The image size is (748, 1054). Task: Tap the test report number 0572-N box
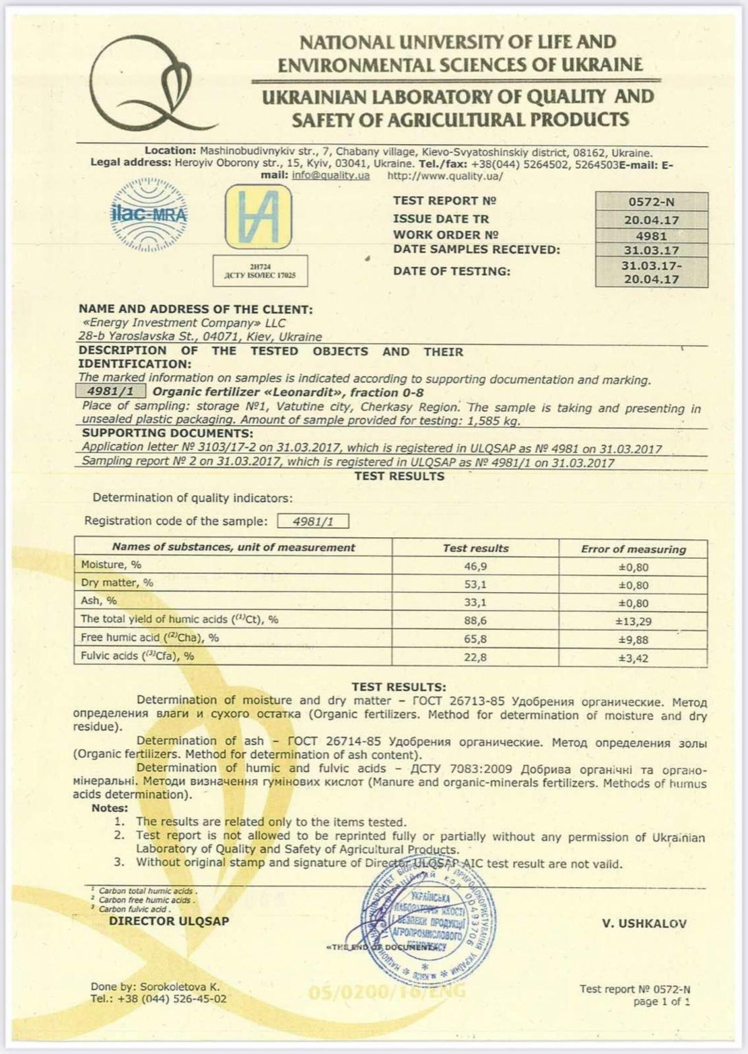click(651, 202)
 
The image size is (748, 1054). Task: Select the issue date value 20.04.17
click(651, 220)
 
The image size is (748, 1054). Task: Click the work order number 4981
click(651, 236)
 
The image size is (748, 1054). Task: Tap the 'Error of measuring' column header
click(633, 549)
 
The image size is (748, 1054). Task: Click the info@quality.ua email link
click(331, 176)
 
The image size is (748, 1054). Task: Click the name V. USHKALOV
click(644, 923)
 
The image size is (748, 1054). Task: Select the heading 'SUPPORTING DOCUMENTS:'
click(168, 433)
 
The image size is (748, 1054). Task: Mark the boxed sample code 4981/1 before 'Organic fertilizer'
click(111, 392)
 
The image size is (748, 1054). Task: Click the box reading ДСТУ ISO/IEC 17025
click(260, 271)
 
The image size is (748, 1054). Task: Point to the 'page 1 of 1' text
click(662, 1001)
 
